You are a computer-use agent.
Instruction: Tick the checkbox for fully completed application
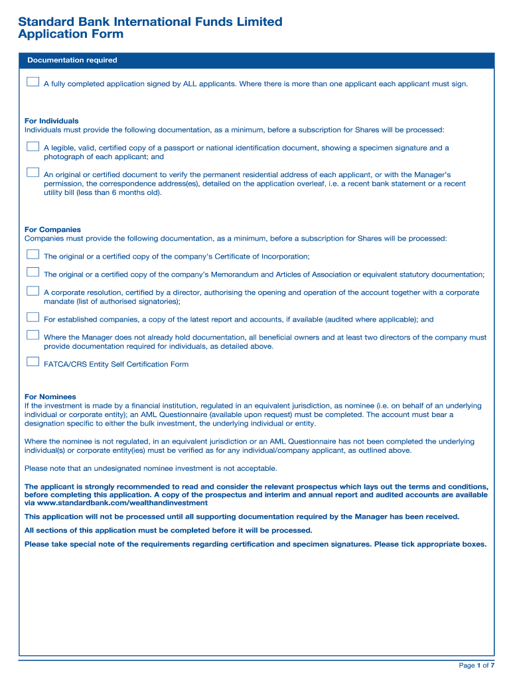33,82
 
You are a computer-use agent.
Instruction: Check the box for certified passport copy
33,146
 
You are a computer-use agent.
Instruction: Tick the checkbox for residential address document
33,172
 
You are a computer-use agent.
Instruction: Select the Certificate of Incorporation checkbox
33,254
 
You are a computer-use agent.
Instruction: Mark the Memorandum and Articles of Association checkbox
33,272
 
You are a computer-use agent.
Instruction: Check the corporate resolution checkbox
33,290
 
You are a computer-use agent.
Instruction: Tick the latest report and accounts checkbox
33,317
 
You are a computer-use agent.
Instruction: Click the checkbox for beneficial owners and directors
33,336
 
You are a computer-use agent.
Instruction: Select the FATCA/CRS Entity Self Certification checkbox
33,362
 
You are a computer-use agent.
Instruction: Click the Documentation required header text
72,60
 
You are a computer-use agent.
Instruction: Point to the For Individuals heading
51,121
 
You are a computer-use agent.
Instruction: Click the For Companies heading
52,230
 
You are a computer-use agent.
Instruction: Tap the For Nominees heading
50,397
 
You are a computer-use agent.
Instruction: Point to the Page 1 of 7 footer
476,665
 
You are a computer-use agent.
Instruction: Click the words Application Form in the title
70,34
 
